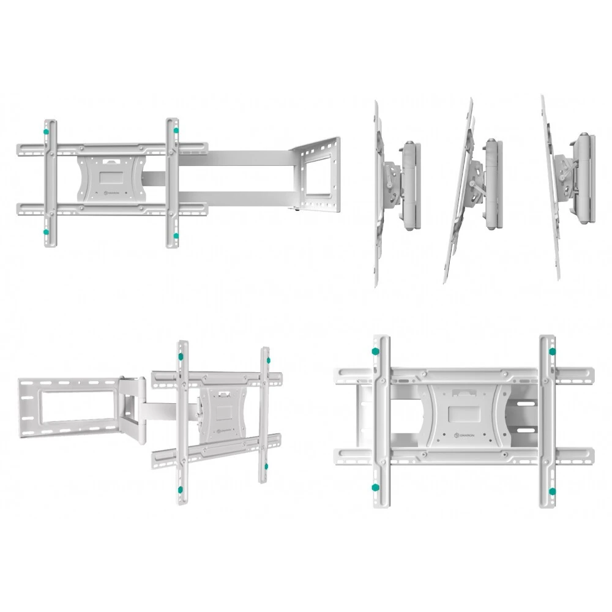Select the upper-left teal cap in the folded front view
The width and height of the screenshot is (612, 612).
coord(374,351)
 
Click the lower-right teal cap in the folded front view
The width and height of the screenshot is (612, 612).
coord(553,491)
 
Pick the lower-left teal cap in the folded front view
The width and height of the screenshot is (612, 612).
coord(375,488)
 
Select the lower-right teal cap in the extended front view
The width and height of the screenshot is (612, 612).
coord(176,235)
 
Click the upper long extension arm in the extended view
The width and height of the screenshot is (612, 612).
coord(245,158)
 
